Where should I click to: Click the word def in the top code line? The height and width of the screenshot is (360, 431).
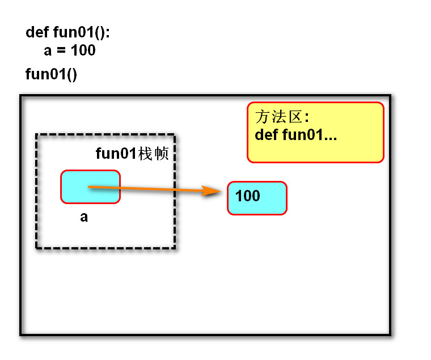coord(37,32)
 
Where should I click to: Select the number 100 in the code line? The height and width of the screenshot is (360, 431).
coord(83,50)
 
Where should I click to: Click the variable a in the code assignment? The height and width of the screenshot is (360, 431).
coord(48,50)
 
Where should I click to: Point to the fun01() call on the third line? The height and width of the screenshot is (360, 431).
coord(51,74)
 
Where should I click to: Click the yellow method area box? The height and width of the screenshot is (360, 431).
coord(315,132)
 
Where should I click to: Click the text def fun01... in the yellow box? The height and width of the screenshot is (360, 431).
coord(296,135)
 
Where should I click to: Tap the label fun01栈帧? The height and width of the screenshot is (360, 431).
coord(132,154)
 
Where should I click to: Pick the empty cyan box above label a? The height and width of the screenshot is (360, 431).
coord(91,187)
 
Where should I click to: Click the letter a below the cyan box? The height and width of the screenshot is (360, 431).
coord(84,217)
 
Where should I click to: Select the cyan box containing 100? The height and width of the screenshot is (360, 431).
coord(257,198)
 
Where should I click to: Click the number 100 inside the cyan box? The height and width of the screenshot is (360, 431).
coord(247,196)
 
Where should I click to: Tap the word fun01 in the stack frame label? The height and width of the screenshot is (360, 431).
coord(116,154)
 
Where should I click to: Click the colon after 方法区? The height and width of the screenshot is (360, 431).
coord(306,118)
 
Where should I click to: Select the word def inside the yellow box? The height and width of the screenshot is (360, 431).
coord(265,135)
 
